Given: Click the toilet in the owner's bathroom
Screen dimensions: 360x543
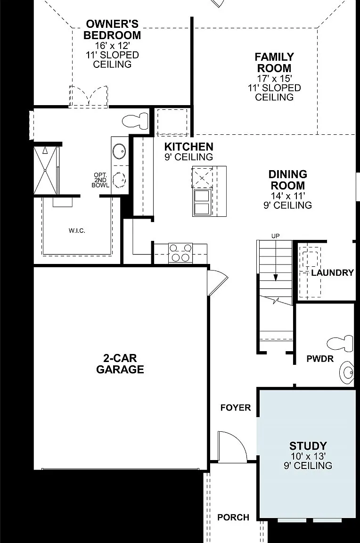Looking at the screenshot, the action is click(135, 120).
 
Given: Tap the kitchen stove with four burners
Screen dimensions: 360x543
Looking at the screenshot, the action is click(180, 253).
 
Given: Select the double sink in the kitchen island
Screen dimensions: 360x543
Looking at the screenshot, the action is click(202, 202).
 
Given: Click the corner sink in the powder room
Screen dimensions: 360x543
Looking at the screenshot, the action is click(347, 373).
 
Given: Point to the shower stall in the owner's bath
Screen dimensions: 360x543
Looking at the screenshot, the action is click(45, 170).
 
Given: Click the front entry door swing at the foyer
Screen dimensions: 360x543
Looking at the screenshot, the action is click(232, 447).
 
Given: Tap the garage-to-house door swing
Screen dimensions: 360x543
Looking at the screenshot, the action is click(217, 282).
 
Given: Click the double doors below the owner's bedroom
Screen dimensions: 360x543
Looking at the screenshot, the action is click(89, 96).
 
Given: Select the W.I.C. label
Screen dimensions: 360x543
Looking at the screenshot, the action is click(77, 230).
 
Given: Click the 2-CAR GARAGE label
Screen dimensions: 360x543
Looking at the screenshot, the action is click(120, 364).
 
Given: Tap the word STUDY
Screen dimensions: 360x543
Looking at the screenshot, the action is click(308, 446).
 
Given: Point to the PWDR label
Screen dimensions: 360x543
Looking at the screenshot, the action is click(320, 359).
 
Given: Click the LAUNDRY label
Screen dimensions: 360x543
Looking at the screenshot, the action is click(332, 272).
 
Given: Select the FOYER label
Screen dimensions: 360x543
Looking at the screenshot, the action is click(236, 408).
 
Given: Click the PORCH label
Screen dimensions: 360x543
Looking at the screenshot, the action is click(233, 518).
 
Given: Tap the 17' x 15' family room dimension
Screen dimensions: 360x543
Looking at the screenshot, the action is click(274, 78).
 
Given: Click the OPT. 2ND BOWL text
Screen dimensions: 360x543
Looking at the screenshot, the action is click(100, 180).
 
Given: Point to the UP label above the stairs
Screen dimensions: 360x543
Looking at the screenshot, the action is click(276, 236).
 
